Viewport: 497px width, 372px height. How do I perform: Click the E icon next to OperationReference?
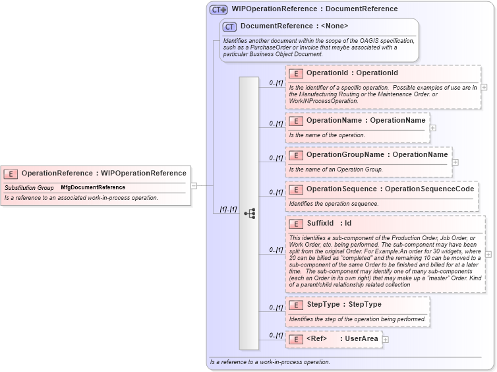pyautogui.click(x=11, y=173)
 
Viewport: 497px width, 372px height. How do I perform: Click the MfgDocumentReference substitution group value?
pyautogui.click(x=93, y=188)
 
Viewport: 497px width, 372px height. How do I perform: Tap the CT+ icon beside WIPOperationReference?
pyautogui.click(x=219, y=9)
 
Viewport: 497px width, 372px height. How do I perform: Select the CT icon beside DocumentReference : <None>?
pyautogui.click(x=229, y=26)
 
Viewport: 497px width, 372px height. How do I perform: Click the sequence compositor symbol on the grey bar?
pyautogui.click(x=249, y=213)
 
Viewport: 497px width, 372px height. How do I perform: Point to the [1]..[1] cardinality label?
pyautogui.click(x=228, y=210)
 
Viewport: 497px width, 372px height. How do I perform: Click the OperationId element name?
pyautogui.click(x=328, y=73)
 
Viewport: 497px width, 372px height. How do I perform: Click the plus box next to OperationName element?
pyautogui.click(x=433, y=128)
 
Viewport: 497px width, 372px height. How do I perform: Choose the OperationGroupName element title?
pyautogui.click(x=348, y=155)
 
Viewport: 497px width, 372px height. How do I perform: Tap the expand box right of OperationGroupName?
pyautogui.click(x=455, y=162)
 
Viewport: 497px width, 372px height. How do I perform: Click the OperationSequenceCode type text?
pyautogui.click(x=429, y=189)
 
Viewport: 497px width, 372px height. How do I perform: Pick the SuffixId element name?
pyautogui.click(x=320, y=224)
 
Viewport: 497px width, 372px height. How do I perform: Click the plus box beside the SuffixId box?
pyautogui.click(x=488, y=254)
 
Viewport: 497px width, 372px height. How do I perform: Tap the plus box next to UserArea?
pyautogui.click(x=386, y=340)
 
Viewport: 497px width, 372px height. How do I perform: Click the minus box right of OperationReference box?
pyautogui.click(x=194, y=186)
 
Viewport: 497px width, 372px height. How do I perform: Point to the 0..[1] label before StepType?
pyautogui.click(x=276, y=307)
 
